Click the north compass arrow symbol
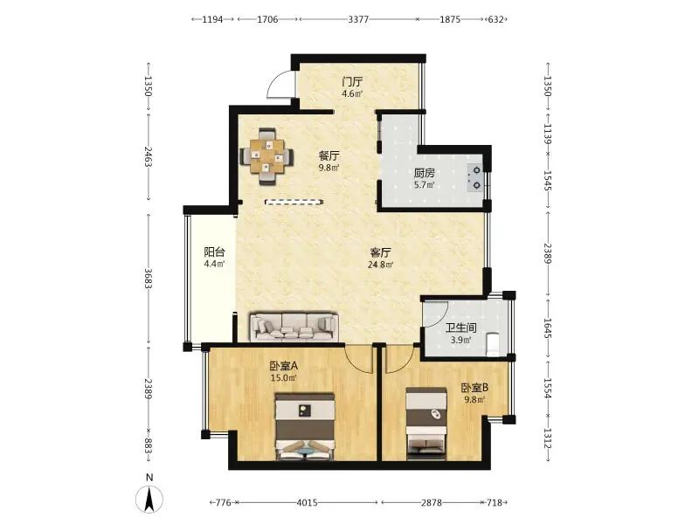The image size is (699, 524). point(149,499)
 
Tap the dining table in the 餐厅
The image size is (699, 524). point(266,156)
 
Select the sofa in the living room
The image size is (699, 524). point(294,327)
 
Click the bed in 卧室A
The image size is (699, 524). point(305,426)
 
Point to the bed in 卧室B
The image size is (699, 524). point(426,423)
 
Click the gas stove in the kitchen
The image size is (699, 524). point(475,177)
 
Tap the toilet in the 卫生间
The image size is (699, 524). point(494,344)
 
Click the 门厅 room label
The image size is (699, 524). point(352,82)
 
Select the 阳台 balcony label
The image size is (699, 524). point(214,252)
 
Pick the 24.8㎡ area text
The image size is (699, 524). point(380,265)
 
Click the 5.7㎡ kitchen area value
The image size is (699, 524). point(424,185)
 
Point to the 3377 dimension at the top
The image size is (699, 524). point(358,19)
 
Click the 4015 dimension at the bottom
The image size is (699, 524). point(308,503)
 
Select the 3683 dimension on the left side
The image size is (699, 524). point(149,278)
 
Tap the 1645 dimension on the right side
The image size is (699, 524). point(548,327)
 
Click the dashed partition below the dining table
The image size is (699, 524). point(294,202)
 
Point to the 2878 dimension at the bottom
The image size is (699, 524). point(432,503)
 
